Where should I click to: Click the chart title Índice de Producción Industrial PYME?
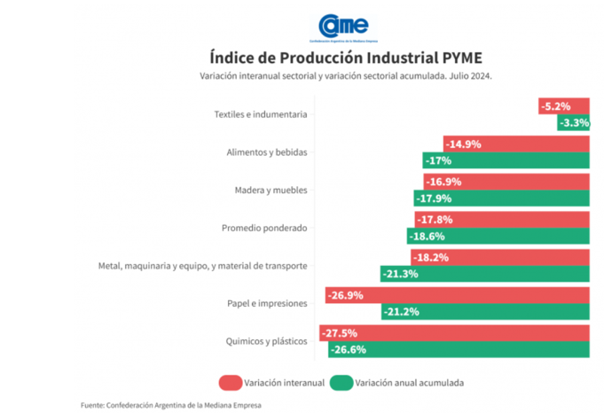point(346,58)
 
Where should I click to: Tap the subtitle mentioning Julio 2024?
point(346,76)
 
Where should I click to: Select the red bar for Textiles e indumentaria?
point(564,106)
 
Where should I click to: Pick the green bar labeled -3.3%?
point(574,123)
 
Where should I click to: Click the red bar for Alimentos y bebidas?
point(516,144)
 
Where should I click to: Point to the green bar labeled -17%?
point(506,160)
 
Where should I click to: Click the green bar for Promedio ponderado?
point(498,237)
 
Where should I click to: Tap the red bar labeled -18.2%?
point(500,258)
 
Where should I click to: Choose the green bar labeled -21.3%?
point(485,274)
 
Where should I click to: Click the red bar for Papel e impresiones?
point(457,295)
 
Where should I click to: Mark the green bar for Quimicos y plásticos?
point(459,350)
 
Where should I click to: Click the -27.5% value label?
point(341,333)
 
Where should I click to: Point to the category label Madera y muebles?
point(271,190)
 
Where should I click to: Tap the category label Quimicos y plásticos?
point(266,341)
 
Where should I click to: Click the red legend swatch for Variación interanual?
point(230,383)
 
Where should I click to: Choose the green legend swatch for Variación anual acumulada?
point(340,383)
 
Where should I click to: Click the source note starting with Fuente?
point(171,405)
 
